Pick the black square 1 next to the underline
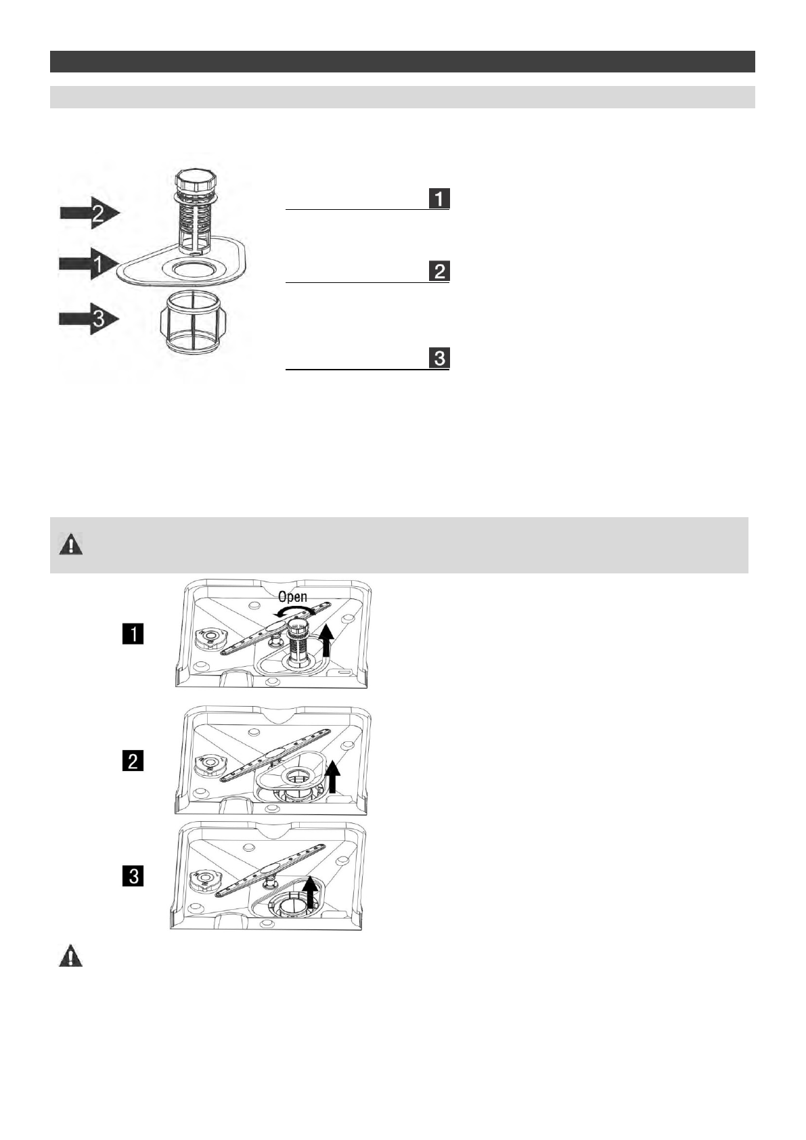click(x=439, y=198)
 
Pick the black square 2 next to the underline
click(x=439, y=271)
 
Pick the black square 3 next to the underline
click(x=439, y=358)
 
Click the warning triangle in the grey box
click(x=70, y=545)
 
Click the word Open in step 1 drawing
click(x=292, y=598)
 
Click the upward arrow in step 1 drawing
click(x=327, y=640)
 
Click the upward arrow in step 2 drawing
click(x=332, y=776)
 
